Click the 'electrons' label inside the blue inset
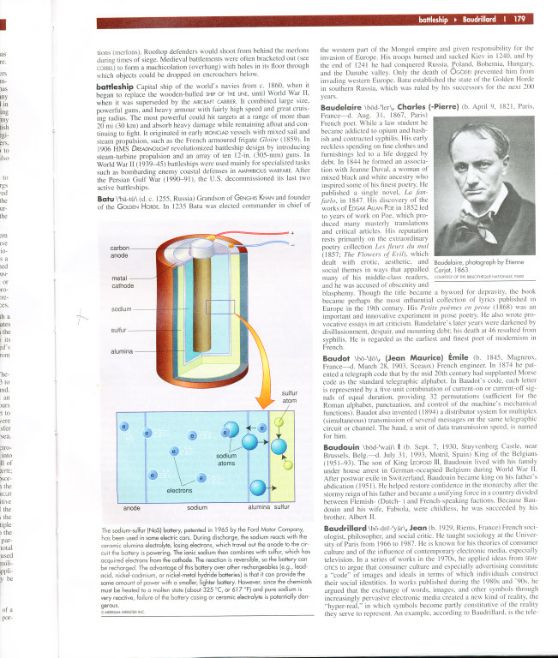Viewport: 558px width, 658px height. (x=179, y=490)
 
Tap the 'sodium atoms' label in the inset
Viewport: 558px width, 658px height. (x=226, y=459)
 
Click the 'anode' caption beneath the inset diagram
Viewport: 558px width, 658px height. (x=132, y=508)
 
